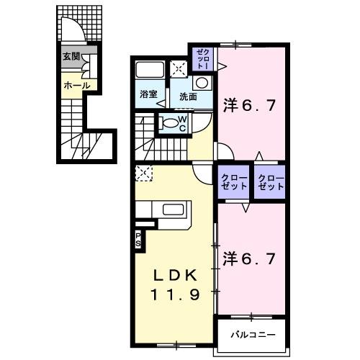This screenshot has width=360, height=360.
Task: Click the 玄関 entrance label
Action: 71,57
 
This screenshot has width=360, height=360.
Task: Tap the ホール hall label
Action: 77,85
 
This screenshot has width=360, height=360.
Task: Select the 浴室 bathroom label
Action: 148,94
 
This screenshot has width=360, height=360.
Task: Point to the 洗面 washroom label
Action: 189,96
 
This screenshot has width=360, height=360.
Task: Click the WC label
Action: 182,124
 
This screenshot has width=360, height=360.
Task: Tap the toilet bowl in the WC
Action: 169,123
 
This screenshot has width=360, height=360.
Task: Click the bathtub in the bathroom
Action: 150,70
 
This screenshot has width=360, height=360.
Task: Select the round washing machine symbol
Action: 202,83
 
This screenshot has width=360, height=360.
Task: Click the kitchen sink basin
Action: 174,210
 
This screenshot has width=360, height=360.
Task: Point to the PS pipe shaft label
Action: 138,240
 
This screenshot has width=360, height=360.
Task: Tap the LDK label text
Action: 175,276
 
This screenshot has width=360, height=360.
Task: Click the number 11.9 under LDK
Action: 175,294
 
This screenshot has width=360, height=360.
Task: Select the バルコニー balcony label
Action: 253,335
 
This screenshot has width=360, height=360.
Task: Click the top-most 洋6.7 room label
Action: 250,106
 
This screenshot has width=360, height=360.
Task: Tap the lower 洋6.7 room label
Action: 249,258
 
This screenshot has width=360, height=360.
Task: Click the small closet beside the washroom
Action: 203,59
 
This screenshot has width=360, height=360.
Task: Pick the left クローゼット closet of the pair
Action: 233,182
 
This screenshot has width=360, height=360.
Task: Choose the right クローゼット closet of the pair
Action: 270,182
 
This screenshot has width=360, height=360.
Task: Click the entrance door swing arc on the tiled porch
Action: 77,23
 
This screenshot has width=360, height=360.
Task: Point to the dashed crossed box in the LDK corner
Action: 144,173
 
